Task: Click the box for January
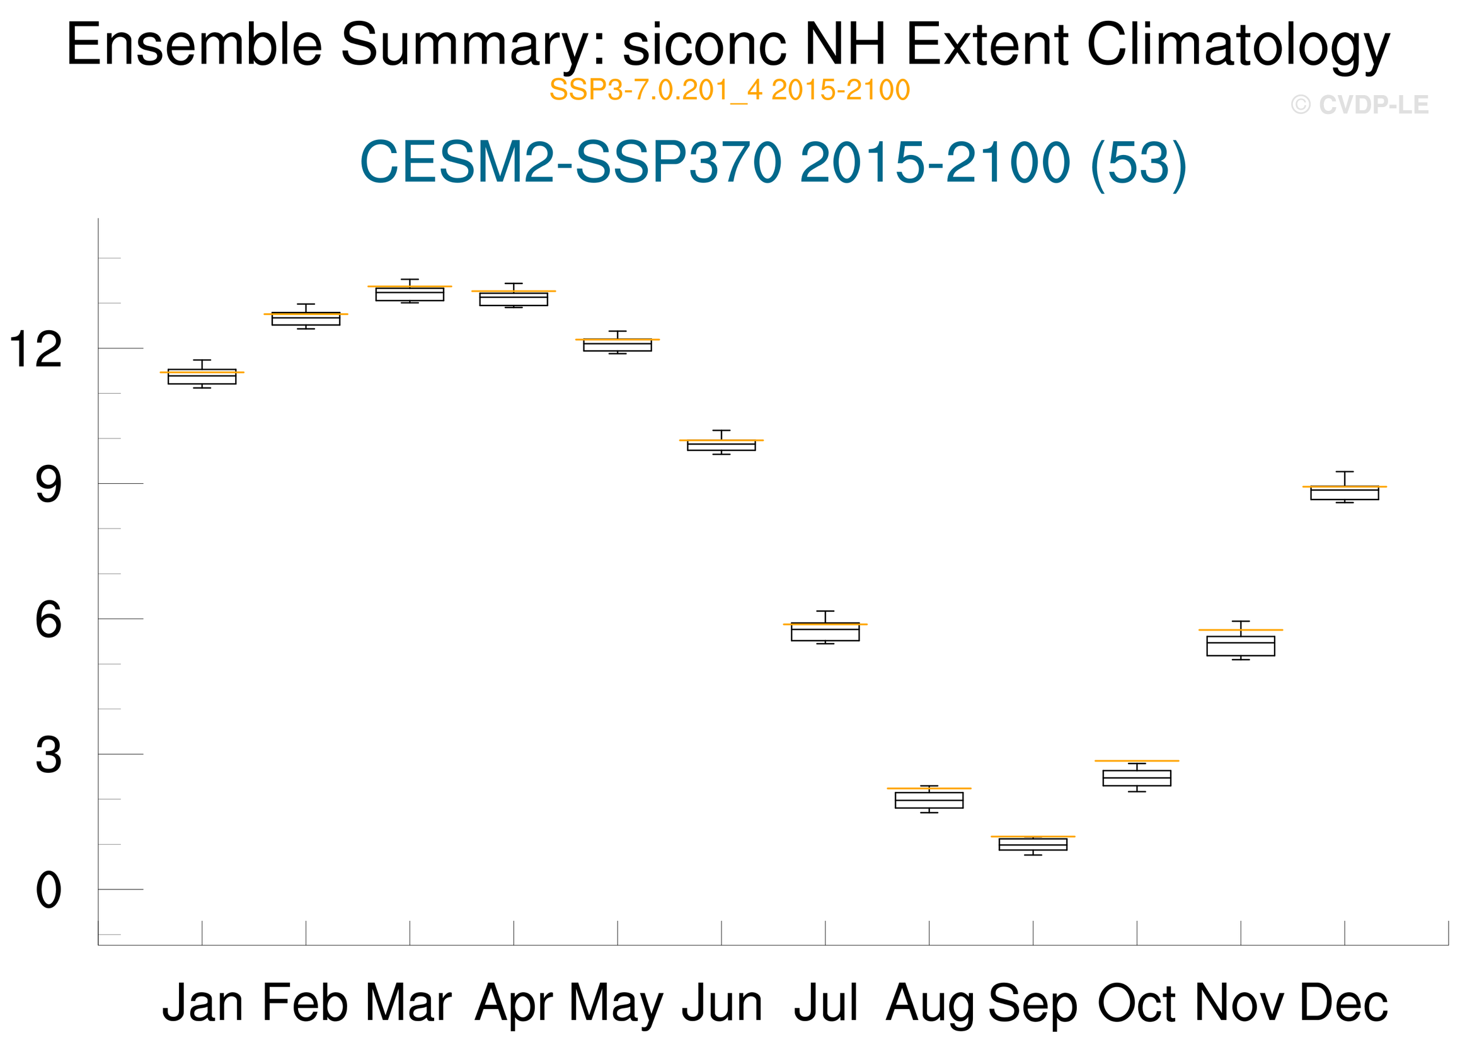pyautogui.click(x=202, y=377)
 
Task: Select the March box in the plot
pyautogui.click(x=410, y=294)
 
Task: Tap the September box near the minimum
pyautogui.click(x=1033, y=844)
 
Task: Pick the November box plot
pyautogui.click(x=1241, y=646)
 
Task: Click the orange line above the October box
pyautogui.click(x=1137, y=761)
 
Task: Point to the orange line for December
pyautogui.click(x=1344, y=487)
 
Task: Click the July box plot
pyautogui.click(x=825, y=632)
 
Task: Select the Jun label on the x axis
pyautogui.click(x=721, y=1003)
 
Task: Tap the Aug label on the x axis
pyautogui.click(x=929, y=1005)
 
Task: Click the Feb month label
pyautogui.click(x=305, y=1003)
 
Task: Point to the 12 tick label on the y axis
pyautogui.click(x=36, y=350)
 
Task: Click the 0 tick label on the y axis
pyautogui.click(x=49, y=891)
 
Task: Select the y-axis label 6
pyautogui.click(x=49, y=620)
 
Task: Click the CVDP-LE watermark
pyautogui.click(x=1360, y=105)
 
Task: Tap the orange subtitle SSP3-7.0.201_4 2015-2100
pyautogui.click(x=729, y=90)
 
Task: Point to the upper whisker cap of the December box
pyautogui.click(x=1344, y=472)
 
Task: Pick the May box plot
pyautogui.click(x=618, y=345)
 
